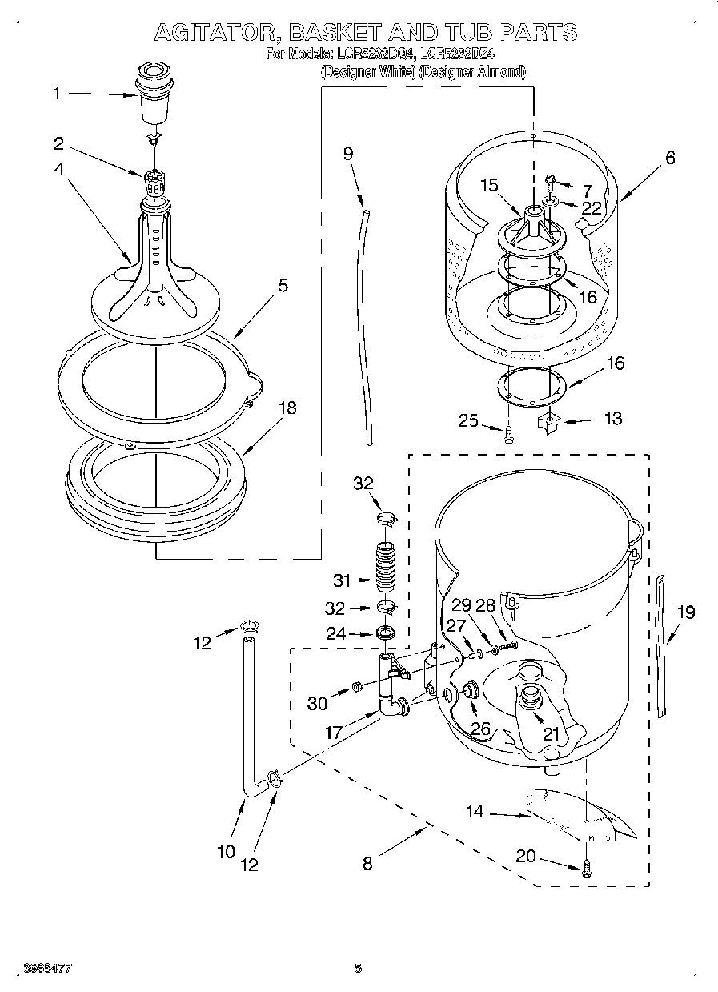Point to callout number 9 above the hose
348,154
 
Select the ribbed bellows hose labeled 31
387,568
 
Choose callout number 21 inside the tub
552,733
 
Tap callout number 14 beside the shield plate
475,812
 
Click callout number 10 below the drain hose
226,851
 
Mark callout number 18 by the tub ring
286,408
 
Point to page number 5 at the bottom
359,968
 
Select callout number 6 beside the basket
669,158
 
